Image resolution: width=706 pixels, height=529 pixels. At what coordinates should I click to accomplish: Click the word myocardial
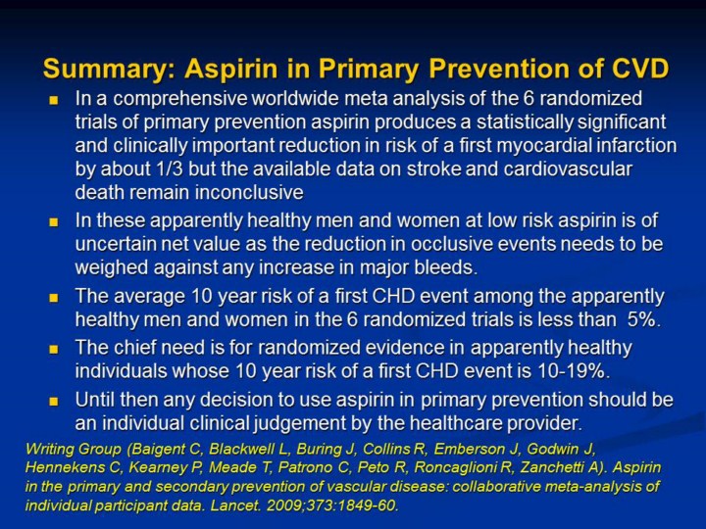click(542, 146)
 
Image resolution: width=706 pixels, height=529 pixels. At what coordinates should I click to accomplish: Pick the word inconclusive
click(244, 193)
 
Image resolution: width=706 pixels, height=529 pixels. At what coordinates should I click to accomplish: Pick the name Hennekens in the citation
click(65, 468)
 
